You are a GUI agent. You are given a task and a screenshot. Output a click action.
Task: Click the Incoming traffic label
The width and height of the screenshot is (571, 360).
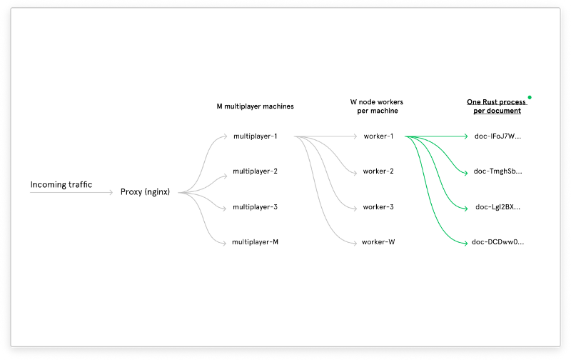(61, 185)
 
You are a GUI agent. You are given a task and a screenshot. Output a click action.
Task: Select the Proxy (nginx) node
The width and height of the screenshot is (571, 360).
(145, 192)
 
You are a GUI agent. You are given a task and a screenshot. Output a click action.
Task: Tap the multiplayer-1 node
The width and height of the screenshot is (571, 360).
(255, 136)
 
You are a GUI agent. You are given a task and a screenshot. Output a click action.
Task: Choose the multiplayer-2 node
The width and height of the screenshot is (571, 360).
(255, 171)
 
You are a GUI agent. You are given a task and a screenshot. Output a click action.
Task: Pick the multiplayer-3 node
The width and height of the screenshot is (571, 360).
(255, 207)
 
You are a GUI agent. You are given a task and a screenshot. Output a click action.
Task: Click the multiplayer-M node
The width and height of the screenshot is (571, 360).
(255, 242)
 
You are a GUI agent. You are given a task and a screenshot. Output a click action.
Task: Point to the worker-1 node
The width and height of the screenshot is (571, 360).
(378, 136)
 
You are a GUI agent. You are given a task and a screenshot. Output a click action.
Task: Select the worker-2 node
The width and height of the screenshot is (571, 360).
(378, 171)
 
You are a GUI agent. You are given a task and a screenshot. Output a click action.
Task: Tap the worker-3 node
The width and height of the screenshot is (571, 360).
(378, 207)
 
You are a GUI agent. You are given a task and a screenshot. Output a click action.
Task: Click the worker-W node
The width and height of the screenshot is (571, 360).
(378, 242)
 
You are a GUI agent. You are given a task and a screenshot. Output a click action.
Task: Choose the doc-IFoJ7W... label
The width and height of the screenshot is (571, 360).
(497, 136)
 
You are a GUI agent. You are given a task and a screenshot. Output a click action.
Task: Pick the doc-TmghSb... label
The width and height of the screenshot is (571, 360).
(497, 171)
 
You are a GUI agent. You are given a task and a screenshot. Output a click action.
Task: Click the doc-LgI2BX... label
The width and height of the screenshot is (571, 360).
(497, 207)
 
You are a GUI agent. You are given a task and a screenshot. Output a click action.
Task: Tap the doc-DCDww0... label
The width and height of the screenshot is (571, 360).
(497, 242)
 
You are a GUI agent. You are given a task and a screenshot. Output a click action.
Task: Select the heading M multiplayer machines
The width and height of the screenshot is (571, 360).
(255, 106)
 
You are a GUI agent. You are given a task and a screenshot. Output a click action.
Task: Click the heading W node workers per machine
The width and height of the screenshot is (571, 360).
(378, 106)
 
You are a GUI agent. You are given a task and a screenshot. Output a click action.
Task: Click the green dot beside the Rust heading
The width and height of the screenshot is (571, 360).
(530, 97)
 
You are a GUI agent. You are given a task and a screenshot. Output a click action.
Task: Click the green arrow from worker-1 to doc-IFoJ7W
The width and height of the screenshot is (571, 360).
(435, 136)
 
